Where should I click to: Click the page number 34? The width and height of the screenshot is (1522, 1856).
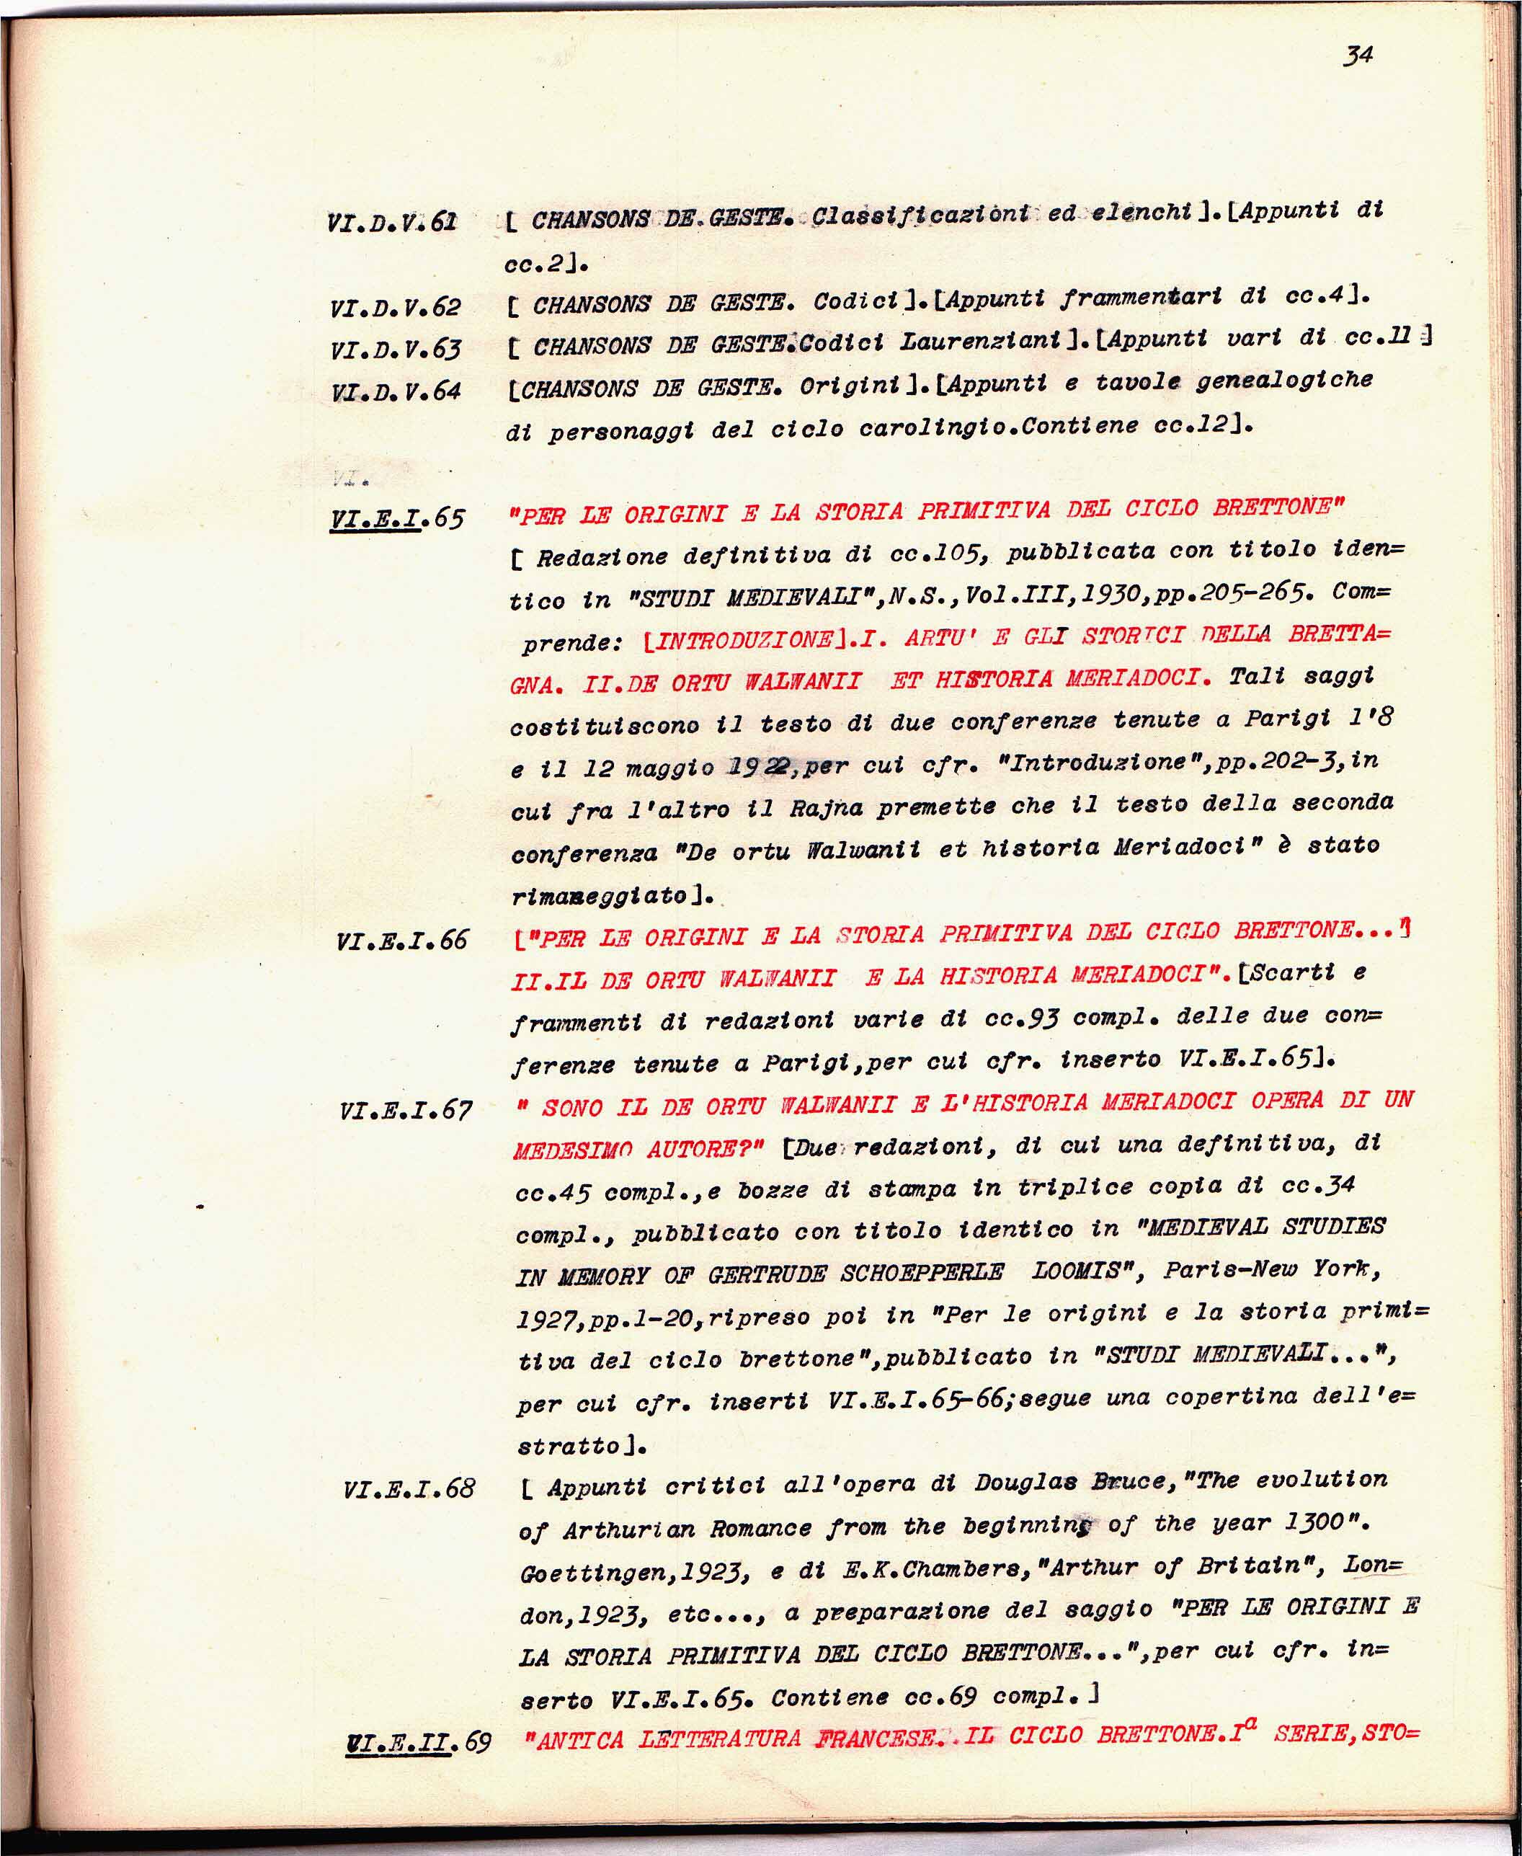(x=1357, y=56)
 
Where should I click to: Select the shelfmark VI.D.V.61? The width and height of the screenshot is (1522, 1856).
(x=392, y=222)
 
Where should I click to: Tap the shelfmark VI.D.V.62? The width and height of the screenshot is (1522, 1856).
(x=396, y=308)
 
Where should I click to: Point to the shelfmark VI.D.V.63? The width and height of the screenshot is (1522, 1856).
(x=396, y=349)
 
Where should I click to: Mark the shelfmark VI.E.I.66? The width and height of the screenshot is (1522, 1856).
(x=401, y=941)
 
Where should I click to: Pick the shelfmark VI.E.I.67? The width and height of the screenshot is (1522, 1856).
(x=406, y=1111)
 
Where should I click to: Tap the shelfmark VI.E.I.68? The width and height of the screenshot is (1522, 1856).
(x=409, y=1488)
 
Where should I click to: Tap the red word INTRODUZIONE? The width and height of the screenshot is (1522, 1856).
(x=744, y=640)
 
